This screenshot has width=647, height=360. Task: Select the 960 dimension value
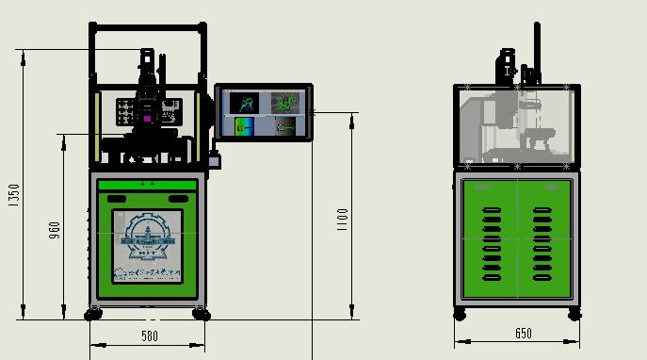point(55,231)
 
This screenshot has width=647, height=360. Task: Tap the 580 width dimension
point(149,335)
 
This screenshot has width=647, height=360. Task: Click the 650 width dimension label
point(524,334)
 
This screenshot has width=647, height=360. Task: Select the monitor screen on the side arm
point(264,112)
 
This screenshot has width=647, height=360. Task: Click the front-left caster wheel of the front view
point(95,314)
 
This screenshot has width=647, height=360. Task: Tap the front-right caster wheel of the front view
point(201,314)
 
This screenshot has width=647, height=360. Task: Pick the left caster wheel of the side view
point(460,313)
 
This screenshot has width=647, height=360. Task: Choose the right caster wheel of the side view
point(574,313)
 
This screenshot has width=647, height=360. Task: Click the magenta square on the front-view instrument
point(147,119)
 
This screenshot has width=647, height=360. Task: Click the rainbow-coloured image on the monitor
point(245,125)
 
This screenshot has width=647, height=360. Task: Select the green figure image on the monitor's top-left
point(245,101)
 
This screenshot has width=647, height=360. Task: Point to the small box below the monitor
point(215,161)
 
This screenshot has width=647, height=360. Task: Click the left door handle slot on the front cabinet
point(119,198)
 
